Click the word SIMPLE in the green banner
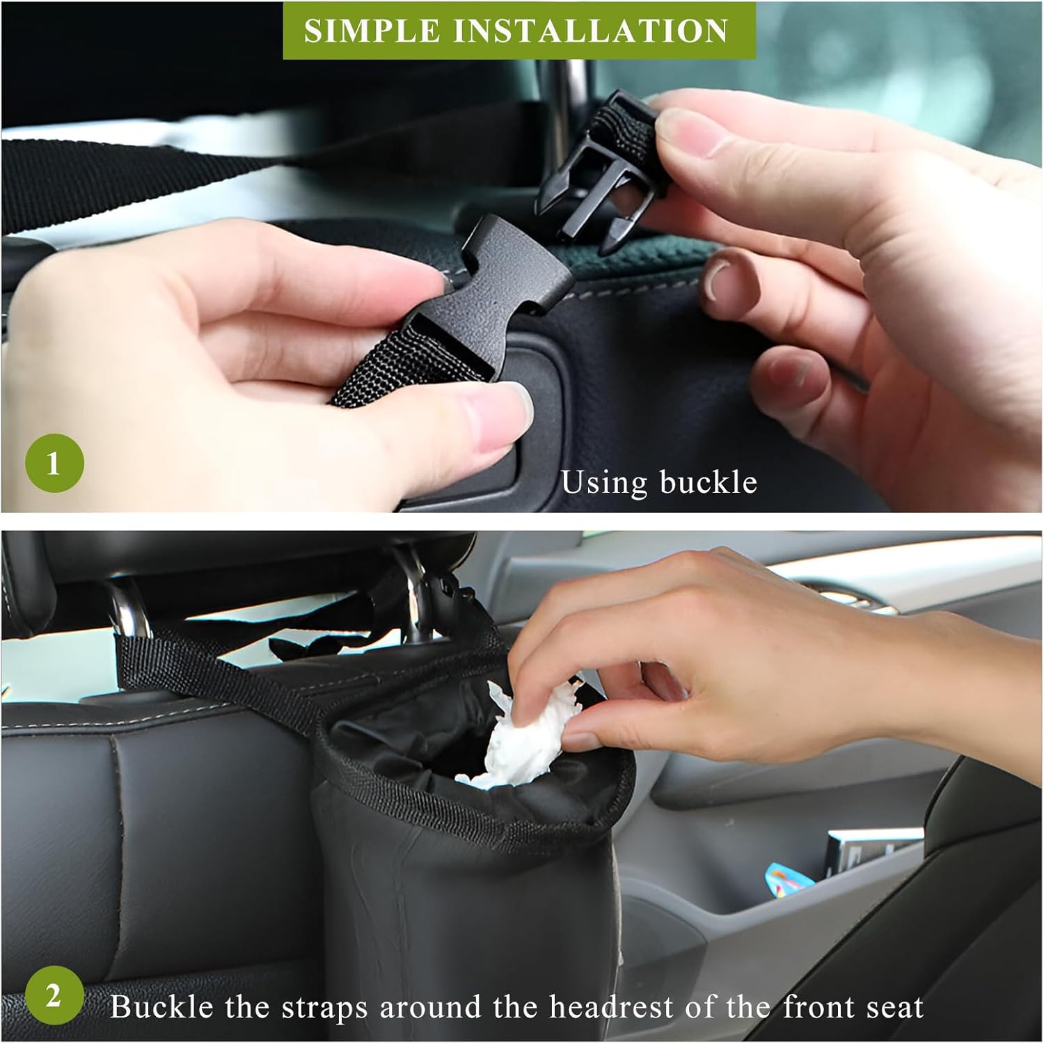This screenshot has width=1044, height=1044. pyautogui.click(x=372, y=31)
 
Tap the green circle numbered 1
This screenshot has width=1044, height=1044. pyautogui.click(x=54, y=463)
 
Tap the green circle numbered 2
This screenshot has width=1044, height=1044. pyautogui.click(x=54, y=997)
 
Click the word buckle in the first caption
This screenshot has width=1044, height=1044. pyautogui.click(x=708, y=482)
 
